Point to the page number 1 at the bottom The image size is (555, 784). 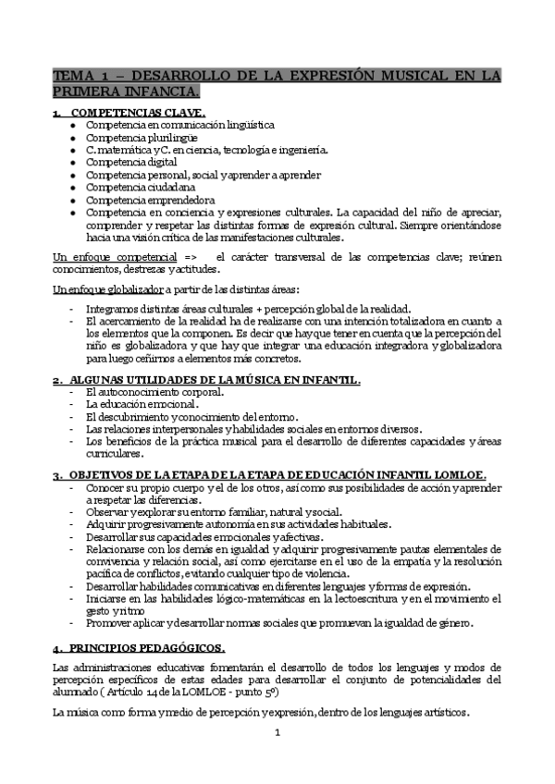[x=277, y=733]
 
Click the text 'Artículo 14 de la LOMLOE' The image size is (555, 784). [x=198, y=691]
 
